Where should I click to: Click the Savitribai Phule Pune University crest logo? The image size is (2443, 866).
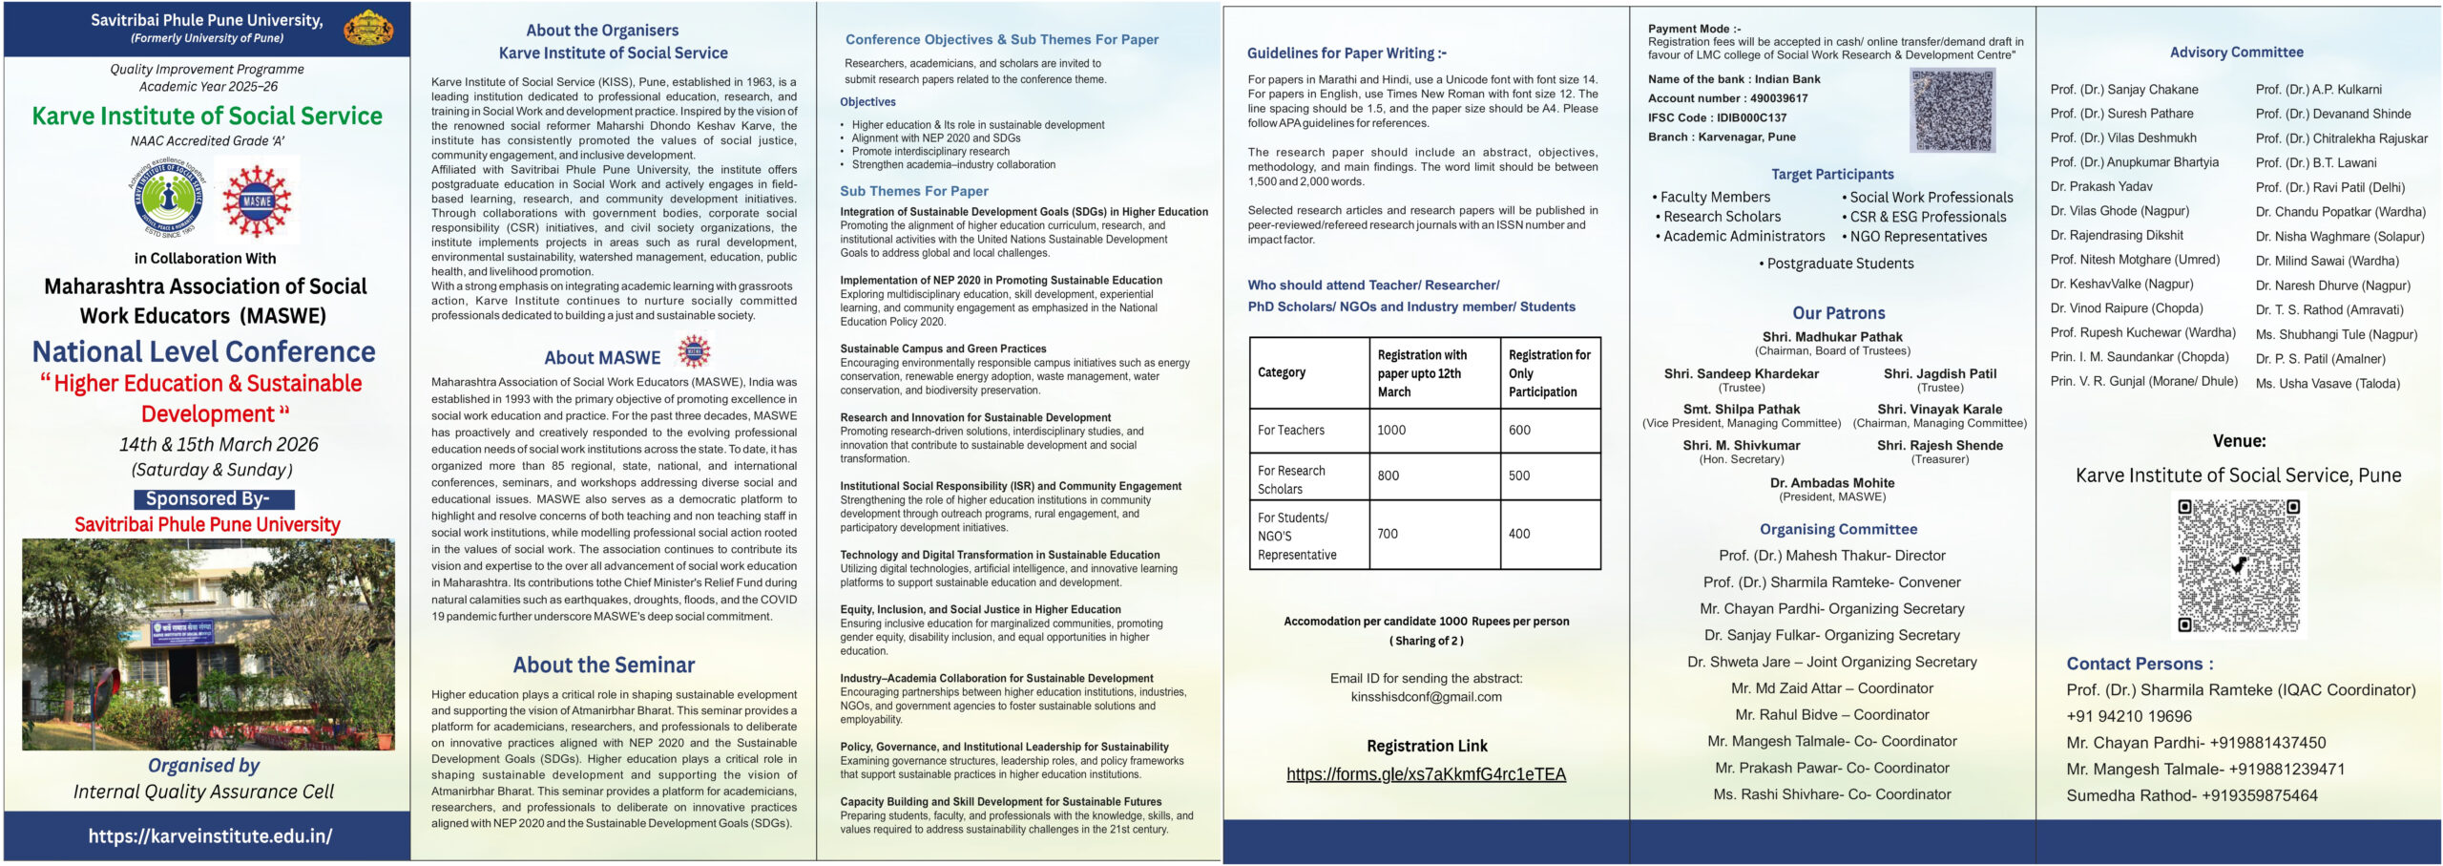(367, 28)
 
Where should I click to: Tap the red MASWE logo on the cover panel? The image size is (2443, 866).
(257, 201)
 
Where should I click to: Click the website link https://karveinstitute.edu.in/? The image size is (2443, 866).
(210, 836)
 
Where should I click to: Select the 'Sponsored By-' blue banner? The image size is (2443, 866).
(214, 498)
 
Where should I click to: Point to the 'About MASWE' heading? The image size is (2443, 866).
(602, 358)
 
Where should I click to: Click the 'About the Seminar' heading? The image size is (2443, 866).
(603, 665)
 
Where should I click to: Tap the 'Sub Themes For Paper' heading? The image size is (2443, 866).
(913, 191)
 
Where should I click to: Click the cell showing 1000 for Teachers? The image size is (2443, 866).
(1391, 430)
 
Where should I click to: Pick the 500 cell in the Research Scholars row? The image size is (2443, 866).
(1519, 475)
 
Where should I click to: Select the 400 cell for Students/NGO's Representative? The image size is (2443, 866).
(1519, 534)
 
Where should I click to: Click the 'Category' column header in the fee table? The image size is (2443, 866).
(1282, 372)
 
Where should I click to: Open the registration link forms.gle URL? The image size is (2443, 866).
(1426, 774)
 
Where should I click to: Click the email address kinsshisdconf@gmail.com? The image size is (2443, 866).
(1426, 697)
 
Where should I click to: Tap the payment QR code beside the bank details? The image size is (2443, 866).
(1952, 112)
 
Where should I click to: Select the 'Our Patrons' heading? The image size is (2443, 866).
(1838, 313)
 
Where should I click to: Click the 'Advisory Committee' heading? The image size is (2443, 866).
(2236, 53)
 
